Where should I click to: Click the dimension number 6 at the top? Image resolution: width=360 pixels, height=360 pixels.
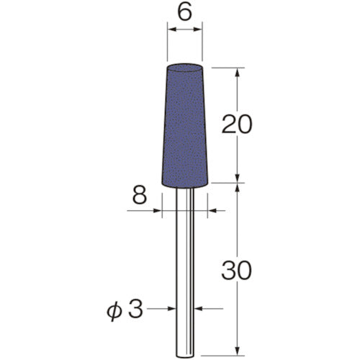[185, 12]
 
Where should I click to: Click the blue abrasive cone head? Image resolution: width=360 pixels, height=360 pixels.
[185, 130]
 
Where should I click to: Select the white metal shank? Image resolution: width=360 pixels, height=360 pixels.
[185, 274]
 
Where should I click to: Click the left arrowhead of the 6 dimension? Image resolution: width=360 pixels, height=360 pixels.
[171, 31]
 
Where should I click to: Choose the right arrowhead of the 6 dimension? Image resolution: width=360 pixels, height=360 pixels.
[199, 31]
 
